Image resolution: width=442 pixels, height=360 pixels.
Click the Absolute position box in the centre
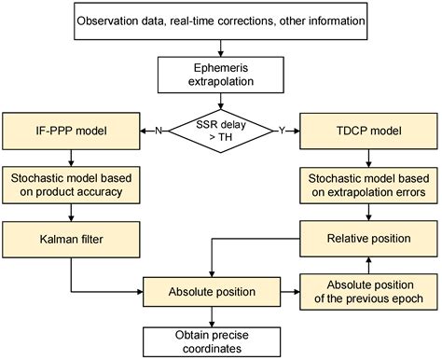click(221, 292)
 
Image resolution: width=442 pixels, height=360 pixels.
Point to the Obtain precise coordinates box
click(221, 340)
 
